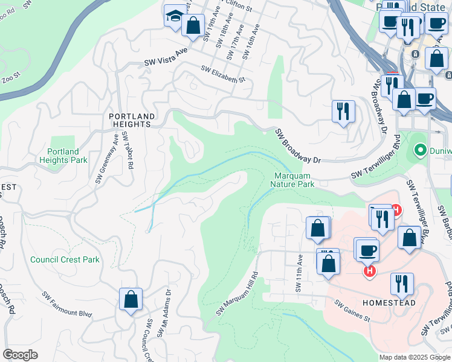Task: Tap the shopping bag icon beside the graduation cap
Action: pos(193,26)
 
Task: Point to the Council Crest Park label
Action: pos(65,259)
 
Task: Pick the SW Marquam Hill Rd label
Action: pos(237,294)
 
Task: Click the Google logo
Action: pos(20,355)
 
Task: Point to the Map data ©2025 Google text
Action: pos(414,357)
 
